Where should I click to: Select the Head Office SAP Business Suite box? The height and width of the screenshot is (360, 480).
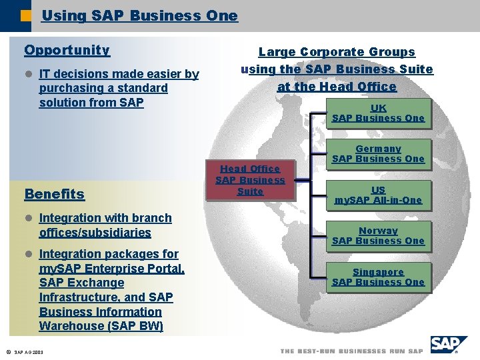point(250,181)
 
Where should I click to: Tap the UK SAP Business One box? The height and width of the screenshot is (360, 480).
point(378,113)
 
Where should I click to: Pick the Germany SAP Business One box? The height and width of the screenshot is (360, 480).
point(378,154)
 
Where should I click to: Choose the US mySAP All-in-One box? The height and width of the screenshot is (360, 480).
point(378,195)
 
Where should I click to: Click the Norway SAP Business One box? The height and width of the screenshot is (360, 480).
point(378,236)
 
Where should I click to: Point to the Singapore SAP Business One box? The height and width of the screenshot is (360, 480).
point(378,277)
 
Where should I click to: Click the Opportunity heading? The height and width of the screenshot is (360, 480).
point(67,50)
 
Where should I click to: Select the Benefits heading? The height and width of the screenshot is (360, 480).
point(54,194)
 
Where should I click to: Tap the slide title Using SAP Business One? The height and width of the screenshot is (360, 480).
point(139,15)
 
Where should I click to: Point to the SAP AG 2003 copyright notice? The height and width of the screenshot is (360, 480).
point(25,351)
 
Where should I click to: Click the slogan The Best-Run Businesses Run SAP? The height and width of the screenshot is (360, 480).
point(352,351)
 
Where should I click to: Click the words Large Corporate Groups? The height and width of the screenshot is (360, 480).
point(337,52)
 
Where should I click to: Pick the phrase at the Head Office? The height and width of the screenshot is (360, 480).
point(337,87)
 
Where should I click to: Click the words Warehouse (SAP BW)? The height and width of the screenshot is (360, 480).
point(101,326)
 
